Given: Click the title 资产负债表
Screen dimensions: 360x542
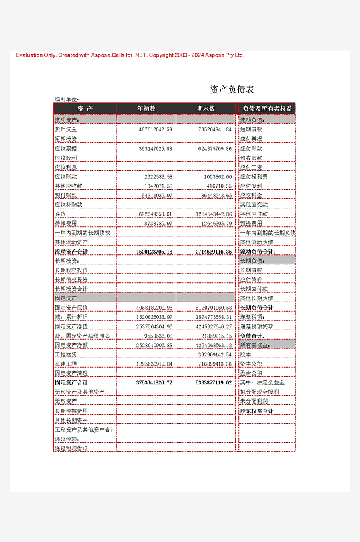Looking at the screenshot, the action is [x=232, y=89].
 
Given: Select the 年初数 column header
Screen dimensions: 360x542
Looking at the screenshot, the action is [x=146, y=108].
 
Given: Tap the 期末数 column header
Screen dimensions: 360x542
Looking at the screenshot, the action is [x=206, y=108].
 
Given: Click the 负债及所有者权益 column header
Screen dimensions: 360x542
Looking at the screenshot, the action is [x=267, y=108].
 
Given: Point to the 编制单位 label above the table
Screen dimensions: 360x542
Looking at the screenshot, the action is [x=67, y=99].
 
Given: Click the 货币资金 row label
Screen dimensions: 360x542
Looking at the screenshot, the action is [x=65, y=129].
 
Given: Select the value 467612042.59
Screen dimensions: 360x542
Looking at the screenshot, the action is [x=155, y=129].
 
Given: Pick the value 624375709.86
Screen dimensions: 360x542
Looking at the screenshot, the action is [x=214, y=148].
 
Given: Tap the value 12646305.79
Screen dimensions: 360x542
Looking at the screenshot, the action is [x=214, y=223].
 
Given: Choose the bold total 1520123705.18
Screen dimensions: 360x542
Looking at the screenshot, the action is [x=154, y=252].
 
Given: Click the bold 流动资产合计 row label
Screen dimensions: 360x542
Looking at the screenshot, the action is [x=71, y=252].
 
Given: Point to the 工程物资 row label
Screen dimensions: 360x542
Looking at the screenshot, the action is [x=65, y=354].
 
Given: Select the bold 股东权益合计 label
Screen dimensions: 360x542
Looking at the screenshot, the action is [x=257, y=411].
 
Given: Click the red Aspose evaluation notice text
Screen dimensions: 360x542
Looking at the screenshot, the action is [x=130, y=55].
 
